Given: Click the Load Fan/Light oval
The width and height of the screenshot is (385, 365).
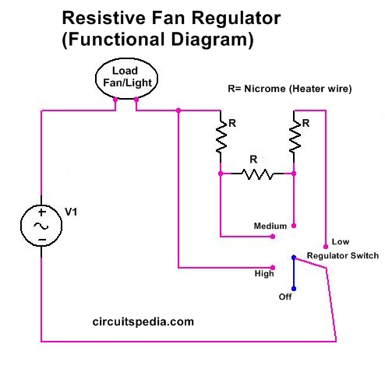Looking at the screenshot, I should [125, 79].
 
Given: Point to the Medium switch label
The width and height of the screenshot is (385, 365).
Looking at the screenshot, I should [270, 226].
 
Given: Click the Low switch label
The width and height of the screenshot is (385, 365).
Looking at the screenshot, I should [340, 240].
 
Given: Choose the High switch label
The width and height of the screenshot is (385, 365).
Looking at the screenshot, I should [265, 273].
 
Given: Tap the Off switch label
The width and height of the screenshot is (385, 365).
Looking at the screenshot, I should [286, 297].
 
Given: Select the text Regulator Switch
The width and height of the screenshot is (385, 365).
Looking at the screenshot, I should [342, 255].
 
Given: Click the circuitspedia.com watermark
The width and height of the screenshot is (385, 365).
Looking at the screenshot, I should [143, 320].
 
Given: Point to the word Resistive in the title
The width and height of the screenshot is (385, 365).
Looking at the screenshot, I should [99, 16].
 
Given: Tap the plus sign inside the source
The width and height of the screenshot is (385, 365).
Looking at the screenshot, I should [42, 212].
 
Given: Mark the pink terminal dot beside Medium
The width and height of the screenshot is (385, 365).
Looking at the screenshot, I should [294, 225].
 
